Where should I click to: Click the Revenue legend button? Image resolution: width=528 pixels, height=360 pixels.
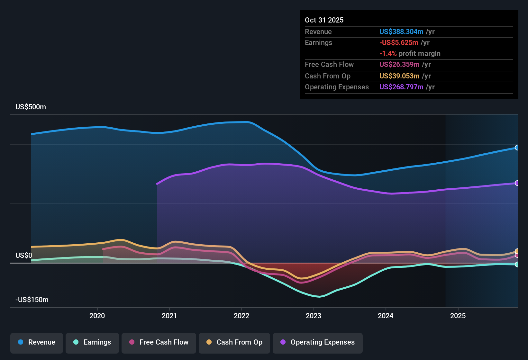[x=37, y=342]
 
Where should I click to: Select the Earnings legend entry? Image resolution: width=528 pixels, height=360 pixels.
[x=92, y=342]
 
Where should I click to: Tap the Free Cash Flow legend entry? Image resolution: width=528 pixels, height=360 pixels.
[x=159, y=342]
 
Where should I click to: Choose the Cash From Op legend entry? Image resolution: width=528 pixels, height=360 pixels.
[x=234, y=342]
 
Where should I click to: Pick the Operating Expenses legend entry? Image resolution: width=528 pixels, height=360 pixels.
[x=318, y=342]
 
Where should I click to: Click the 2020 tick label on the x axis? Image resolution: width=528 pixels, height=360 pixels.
[x=97, y=316]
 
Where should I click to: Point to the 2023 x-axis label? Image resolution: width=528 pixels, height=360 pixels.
[x=314, y=316]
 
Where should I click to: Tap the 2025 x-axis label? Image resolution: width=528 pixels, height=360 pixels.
[x=458, y=316]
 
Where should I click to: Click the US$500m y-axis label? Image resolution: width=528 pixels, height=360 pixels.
[x=31, y=107]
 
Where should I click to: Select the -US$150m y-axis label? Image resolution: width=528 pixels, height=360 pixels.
[x=32, y=300]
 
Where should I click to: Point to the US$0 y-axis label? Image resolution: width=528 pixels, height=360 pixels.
[x=24, y=256]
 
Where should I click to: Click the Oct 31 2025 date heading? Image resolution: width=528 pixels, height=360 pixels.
[x=324, y=20]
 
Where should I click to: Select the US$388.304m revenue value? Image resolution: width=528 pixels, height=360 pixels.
[x=401, y=32]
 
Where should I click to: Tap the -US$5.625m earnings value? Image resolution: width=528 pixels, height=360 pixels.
[x=399, y=43]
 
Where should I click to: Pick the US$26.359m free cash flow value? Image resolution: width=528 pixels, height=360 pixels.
[x=399, y=64]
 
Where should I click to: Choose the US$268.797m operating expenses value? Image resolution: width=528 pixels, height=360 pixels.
[x=401, y=87]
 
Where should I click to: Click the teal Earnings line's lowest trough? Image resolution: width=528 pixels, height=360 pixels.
[x=319, y=296]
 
